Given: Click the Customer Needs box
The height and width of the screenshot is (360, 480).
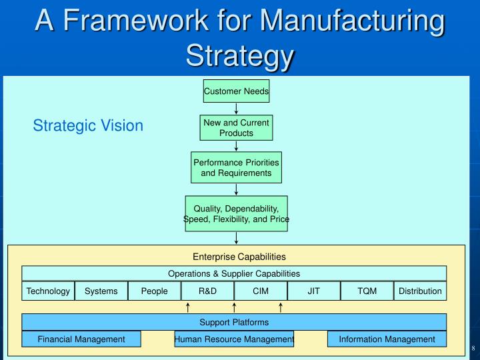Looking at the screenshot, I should [x=236, y=91].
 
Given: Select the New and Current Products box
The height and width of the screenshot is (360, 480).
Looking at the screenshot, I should [x=236, y=128].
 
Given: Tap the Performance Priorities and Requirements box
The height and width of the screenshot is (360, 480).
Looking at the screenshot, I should [x=236, y=168].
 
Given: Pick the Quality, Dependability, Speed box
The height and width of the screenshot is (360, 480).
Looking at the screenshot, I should [x=236, y=214].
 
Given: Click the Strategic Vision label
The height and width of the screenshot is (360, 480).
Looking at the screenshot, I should [x=88, y=125].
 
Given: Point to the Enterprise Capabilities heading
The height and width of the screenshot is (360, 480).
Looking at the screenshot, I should [x=239, y=256].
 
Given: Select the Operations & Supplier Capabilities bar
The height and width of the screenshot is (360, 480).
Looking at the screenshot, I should [x=234, y=273].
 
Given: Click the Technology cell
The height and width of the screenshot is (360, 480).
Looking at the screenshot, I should [x=48, y=291].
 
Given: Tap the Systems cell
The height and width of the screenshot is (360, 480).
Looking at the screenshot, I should [x=101, y=291].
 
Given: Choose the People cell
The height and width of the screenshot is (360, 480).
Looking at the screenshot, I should [x=154, y=291].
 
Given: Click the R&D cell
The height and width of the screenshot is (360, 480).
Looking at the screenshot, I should [x=207, y=291].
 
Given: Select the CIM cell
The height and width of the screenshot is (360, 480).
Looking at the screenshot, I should [x=261, y=291].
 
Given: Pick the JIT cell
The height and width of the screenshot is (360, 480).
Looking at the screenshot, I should [x=313, y=291].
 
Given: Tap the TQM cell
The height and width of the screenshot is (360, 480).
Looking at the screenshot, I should [x=367, y=291].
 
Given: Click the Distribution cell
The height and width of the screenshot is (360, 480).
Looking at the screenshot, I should [x=420, y=291].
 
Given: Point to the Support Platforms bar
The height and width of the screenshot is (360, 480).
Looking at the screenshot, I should [x=234, y=322].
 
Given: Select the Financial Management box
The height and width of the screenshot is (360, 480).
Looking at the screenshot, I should [x=81, y=339].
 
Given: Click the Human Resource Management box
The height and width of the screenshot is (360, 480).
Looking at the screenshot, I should [x=234, y=339].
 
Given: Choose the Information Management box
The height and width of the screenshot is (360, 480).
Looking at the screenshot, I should [x=387, y=339].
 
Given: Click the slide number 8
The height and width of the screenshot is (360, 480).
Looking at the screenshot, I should [x=472, y=349].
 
